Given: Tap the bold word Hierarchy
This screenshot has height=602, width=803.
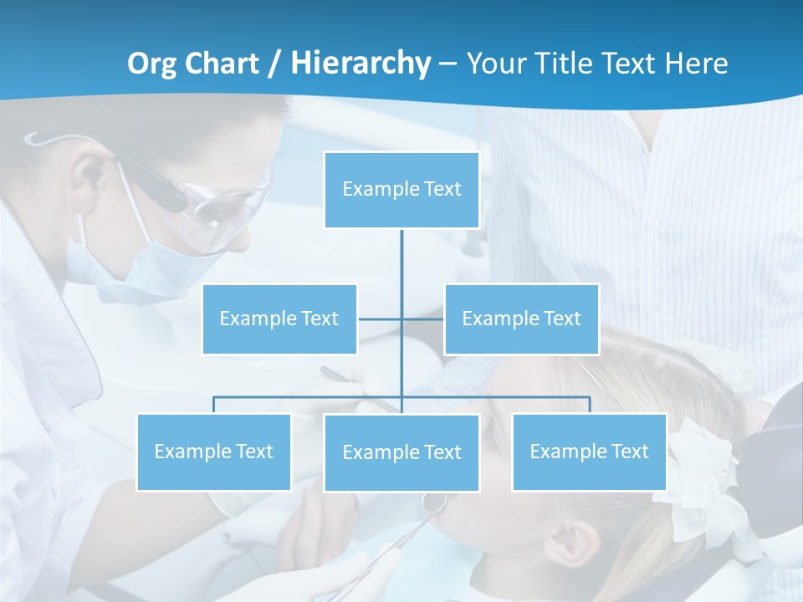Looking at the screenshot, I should coord(361,64).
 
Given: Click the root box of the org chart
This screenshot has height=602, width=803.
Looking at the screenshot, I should coord(401,190).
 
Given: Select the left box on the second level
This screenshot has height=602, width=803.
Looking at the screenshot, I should coord(279,319).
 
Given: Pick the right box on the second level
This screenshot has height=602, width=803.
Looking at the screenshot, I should coord(521,319).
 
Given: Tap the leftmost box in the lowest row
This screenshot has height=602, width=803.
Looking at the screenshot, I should coord(214,451).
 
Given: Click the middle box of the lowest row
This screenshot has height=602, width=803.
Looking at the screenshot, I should coord(401,452).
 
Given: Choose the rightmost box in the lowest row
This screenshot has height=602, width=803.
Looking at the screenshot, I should coord(589,451).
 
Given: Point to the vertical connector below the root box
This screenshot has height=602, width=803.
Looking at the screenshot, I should coord(401,268).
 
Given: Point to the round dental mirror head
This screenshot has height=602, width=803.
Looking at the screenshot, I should coord(434,502).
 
